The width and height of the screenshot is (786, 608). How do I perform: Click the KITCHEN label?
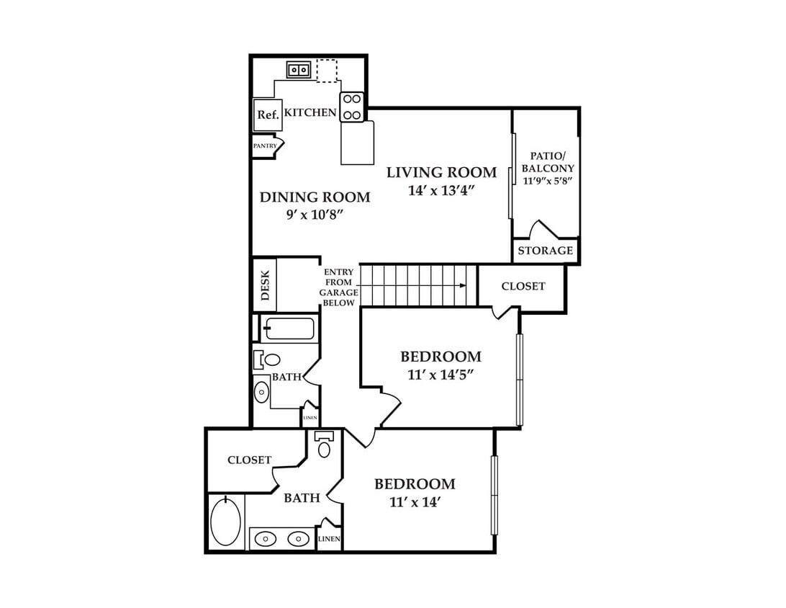coord(310,112)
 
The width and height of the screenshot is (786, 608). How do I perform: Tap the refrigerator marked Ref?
coord(268,115)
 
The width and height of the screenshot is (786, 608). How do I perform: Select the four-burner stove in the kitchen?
coord(351,107)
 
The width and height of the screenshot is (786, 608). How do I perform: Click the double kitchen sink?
coord(299,70)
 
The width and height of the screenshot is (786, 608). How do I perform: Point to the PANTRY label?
coord(265,146)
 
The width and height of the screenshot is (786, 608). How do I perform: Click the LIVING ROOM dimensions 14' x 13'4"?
coord(441,191)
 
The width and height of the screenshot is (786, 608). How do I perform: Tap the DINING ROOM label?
coord(315,197)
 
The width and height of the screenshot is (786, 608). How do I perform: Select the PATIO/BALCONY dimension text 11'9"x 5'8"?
coord(548,181)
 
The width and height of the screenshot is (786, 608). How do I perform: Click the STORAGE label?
coord(546,250)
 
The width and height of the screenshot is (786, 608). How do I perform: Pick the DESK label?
coord(265,285)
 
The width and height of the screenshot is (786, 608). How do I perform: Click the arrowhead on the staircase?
coord(464,285)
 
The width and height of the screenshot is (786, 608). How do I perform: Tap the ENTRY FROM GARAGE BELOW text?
coord(339,287)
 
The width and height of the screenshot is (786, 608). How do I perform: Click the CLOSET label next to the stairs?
coord(523,286)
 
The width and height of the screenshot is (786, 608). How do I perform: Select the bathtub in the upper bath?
coord(289,328)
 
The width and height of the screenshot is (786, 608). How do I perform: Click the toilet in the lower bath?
coord(325,444)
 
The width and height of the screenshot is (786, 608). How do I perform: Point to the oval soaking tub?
coord(225,521)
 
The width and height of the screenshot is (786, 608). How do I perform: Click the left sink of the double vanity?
coord(265,540)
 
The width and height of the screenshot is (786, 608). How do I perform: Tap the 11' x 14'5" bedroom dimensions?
coord(441,375)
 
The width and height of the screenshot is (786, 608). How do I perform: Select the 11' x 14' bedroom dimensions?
coord(415,501)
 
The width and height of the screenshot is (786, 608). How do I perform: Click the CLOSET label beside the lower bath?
coord(249,460)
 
